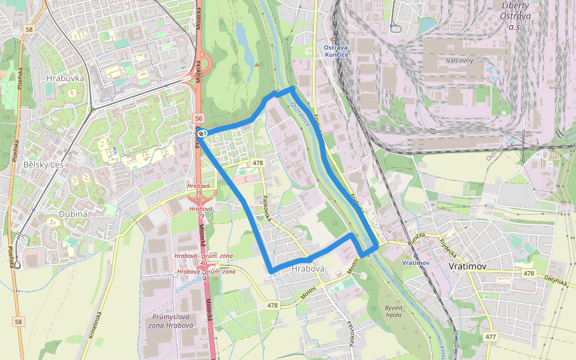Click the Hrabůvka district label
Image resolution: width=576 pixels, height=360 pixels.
pyautogui.click(x=65, y=78)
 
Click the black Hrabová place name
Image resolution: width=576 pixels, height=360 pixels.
pyautogui.click(x=307, y=269)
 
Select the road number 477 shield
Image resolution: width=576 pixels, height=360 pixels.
pyautogui.click(x=490, y=337)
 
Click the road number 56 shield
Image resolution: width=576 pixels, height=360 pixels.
pyautogui.click(x=199, y=119)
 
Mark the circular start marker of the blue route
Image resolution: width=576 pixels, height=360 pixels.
pyautogui.click(x=203, y=133)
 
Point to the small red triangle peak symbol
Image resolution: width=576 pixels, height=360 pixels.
pyautogui.click(x=257, y=64)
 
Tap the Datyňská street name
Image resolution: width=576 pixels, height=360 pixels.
pyautogui.click(x=556, y=278)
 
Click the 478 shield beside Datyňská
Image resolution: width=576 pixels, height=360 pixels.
pyautogui.click(x=528, y=273)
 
